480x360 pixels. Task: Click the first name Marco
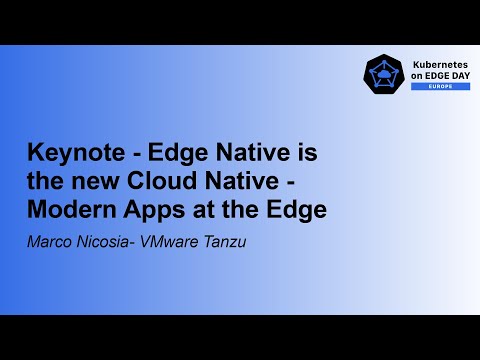49,240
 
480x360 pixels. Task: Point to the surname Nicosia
103,240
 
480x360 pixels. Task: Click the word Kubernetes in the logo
427,63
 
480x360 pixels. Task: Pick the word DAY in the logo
454,75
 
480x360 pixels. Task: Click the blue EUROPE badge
427,87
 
